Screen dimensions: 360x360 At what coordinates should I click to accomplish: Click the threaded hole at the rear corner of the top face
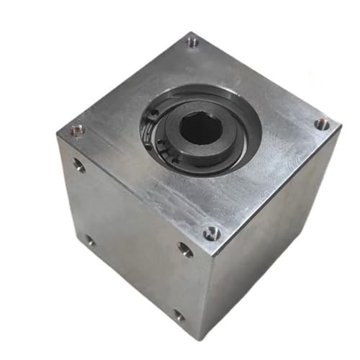(x=192, y=42)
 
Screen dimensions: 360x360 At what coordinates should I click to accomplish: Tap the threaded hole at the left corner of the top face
(x=76, y=130)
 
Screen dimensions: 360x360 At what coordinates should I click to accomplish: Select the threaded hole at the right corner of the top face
(x=322, y=125)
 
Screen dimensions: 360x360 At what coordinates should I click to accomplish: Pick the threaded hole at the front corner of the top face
(x=210, y=233)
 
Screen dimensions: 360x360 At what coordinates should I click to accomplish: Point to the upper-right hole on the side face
(x=185, y=250)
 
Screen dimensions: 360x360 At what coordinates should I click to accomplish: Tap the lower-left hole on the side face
(x=89, y=241)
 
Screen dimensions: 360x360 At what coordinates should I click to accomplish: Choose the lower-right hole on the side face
(x=178, y=315)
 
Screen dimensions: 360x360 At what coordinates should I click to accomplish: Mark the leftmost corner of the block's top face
(x=58, y=135)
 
